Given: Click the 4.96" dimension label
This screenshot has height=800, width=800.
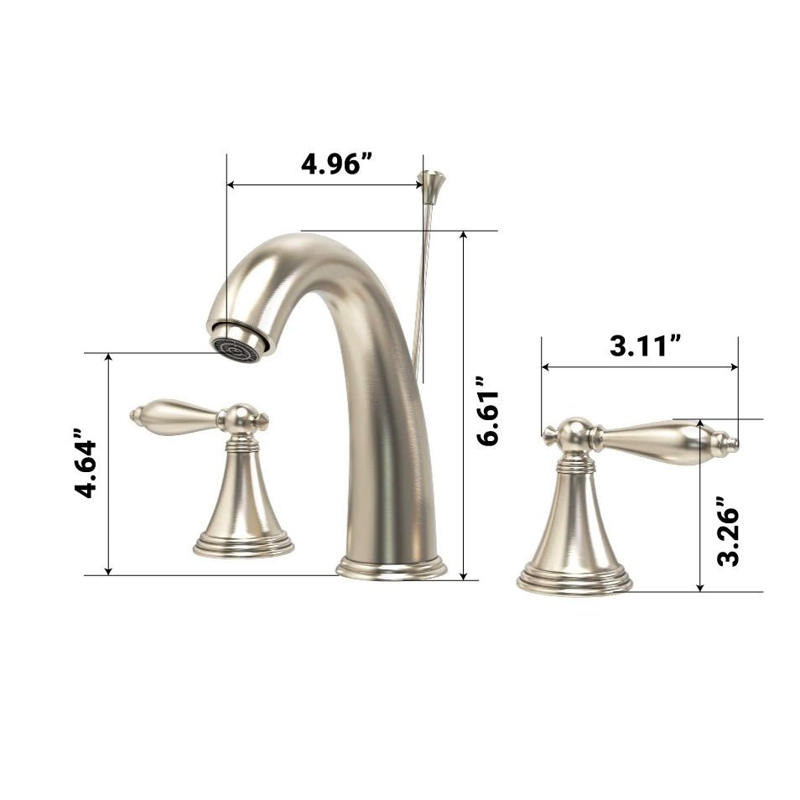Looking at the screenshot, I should click(x=336, y=163).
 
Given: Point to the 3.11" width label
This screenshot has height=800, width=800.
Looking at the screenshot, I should click(x=643, y=345).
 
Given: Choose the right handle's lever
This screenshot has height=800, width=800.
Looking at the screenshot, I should click(x=654, y=439).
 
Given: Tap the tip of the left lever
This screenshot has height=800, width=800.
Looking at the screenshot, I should click(x=136, y=414).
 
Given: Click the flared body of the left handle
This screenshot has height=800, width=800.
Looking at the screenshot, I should click(x=243, y=495).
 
